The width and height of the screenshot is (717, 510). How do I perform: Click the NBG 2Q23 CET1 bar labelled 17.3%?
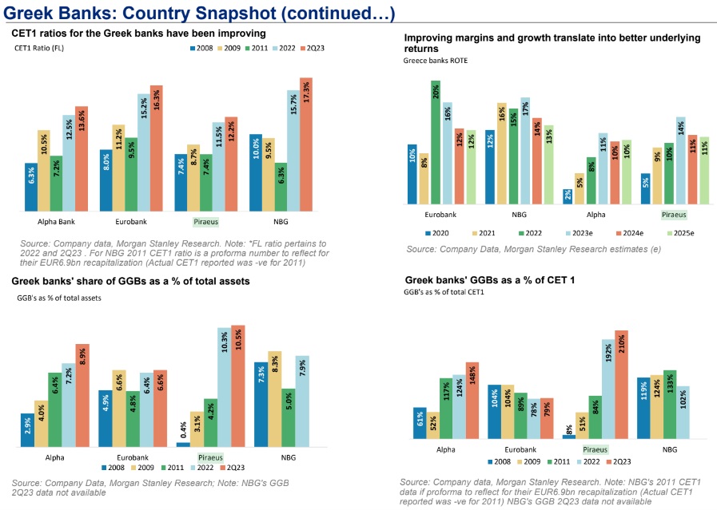pyautogui.click(x=306, y=144)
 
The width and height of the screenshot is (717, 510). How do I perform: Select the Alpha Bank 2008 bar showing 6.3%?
pyautogui.click(x=31, y=187)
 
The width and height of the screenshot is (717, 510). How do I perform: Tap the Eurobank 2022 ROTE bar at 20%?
pyautogui.click(x=436, y=142)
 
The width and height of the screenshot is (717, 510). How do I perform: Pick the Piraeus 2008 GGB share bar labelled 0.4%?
pyautogui.click(x=183, y=445)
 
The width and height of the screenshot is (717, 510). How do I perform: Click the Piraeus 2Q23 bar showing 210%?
pyautogui.click(x=621, y=385)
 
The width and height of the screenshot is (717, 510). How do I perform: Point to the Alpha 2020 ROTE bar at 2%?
pyautogui.click(x=568, y=196)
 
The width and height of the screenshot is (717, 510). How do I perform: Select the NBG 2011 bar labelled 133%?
pyautogui.click(x=670, y=405)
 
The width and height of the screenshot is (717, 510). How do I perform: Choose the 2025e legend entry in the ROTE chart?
pyautogui.click(x=680, y=233)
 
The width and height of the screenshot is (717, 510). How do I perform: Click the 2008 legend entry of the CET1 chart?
pyautogui.click(x=201, y=48)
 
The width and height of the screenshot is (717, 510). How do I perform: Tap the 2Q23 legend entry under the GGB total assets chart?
pyautogui.click(x=233, y=468)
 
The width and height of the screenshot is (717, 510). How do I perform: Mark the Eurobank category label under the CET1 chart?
pyautogui.click(x=131, y=222)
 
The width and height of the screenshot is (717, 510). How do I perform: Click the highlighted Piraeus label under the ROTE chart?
pyautogui.click(x=674, y=215)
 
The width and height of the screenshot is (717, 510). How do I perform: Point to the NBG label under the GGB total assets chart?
pyautogui.click(x=289, y=457)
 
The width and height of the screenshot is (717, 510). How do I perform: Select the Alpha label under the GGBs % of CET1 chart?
pyautogui.click(x=446, y=449)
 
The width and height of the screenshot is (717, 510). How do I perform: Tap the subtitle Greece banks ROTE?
pyautogui.click(x=436, y=61)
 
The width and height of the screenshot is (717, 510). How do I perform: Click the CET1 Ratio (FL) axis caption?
pyautogui.click(x=39, y=48)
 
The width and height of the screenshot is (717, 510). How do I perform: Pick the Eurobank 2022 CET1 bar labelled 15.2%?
pyautogui.click(x=144, y=152)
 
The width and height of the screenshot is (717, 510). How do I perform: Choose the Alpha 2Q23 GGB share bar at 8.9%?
pyautogui.click(x=82, y=395)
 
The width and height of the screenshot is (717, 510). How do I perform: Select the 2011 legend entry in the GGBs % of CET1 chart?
pyautogui.click(x=558, y=461)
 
